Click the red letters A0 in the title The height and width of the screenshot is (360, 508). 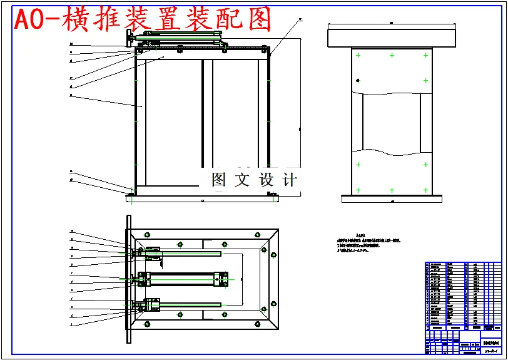[x=28, y=21]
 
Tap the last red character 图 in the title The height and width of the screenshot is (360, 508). [x=259, y=21]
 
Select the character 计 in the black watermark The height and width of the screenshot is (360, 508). [x=288, y=180]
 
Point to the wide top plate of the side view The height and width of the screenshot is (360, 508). [x=392, y=38]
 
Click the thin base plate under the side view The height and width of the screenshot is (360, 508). [x=392, y=198]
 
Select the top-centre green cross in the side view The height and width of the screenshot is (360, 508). [x=392, y=56]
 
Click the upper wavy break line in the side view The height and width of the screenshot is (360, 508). [x=392, y=94]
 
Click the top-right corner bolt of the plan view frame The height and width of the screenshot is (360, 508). [x=257, y=235]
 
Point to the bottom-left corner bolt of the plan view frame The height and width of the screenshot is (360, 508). [x=147, y=324]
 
